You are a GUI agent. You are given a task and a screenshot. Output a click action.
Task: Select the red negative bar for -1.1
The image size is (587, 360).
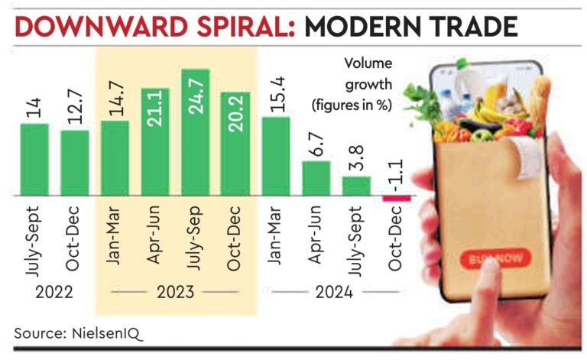click(x=397, y=199)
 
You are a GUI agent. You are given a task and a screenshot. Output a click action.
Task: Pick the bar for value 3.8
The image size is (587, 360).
click(x=356, y=186)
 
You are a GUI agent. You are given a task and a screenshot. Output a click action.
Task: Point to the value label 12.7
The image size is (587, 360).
click(x=75, y=111)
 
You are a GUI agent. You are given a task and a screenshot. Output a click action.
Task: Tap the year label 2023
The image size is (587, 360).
click(x=175, y=292)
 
